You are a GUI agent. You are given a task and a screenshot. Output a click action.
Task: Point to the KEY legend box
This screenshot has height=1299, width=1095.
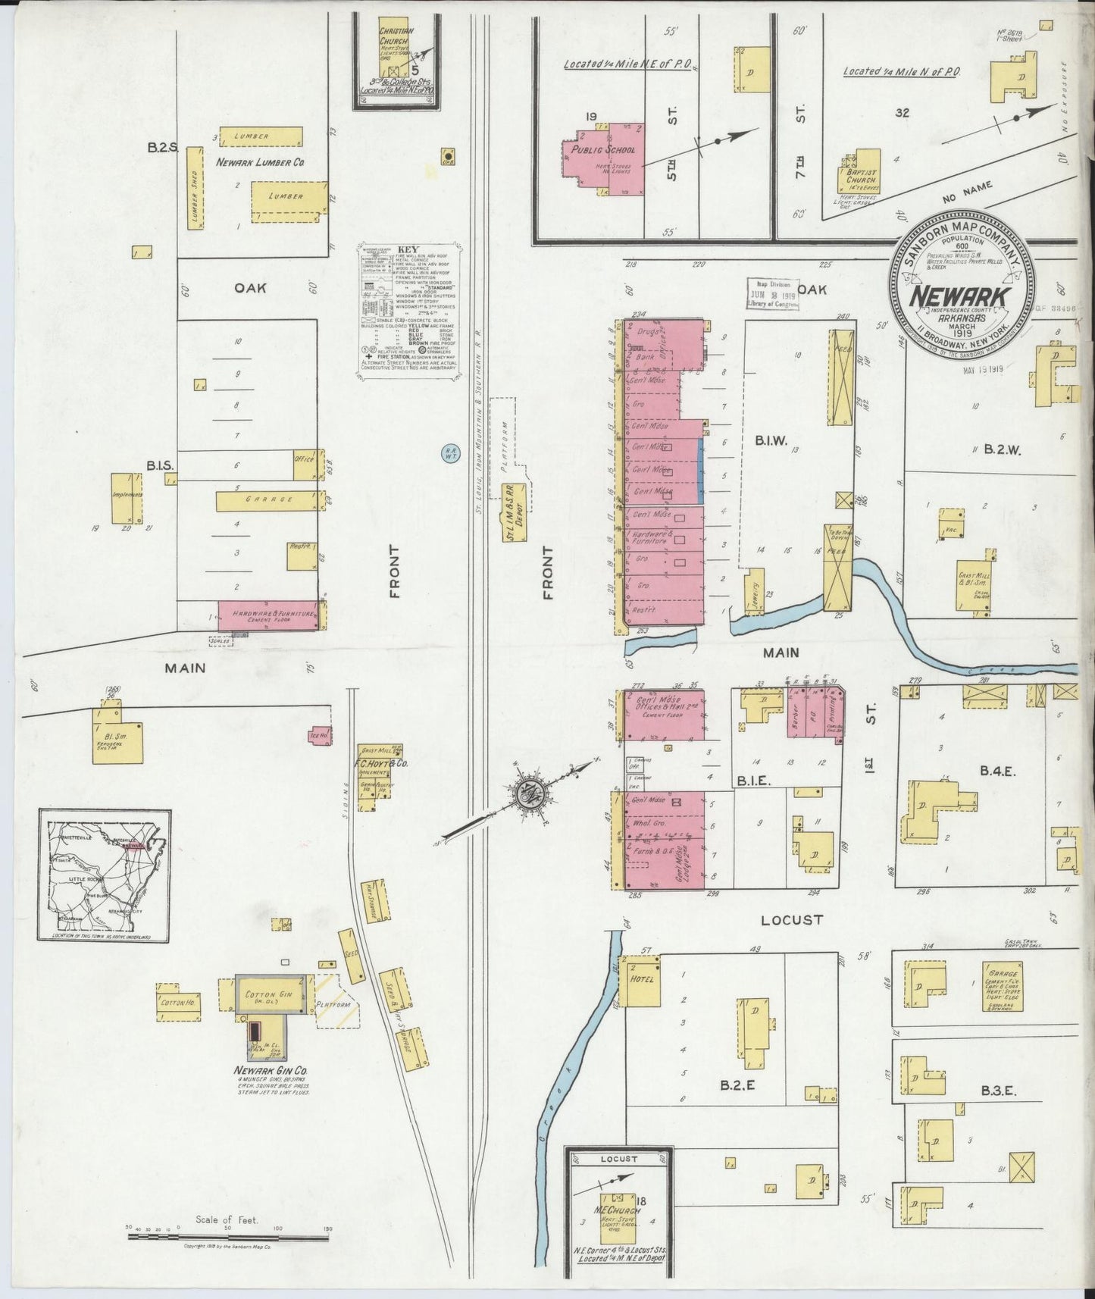410,311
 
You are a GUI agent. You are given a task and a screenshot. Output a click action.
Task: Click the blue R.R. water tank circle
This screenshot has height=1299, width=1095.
450,452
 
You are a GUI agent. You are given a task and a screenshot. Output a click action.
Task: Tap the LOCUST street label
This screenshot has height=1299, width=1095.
792,920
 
